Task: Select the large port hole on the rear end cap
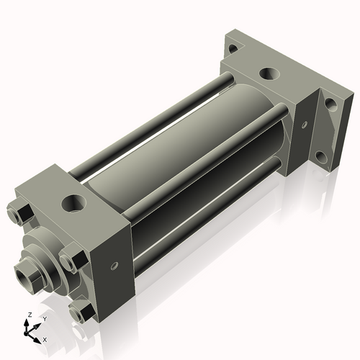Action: point(268,73)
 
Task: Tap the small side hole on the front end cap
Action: point(114,266)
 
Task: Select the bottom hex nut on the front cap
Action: point(81,312)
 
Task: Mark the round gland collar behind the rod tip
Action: point(43,264)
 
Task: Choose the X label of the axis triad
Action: point(45,338)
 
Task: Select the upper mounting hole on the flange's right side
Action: point(330,103)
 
